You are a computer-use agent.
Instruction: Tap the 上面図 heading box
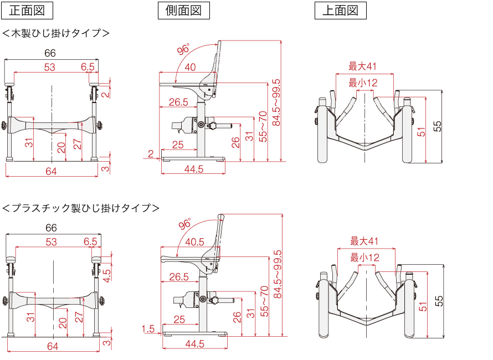click(x=341, y=11)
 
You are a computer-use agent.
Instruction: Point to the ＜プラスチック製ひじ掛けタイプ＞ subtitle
click(x=81, y=208)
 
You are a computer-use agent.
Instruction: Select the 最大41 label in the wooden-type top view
click(x=363, y=66)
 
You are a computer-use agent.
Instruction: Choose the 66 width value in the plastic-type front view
click(x=51, y=228)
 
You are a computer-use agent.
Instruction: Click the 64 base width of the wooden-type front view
click(x=51, y=172)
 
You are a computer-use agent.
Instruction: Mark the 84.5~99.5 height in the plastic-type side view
click(x=278, y=274)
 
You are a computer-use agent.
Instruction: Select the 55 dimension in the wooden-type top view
click(x=438, y=126)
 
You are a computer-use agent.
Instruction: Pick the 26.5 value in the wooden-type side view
click(x=178, y=102)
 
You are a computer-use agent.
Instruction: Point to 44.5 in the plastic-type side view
click(x=194, y=343)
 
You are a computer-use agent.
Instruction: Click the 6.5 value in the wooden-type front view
click(x=88, y=67)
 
